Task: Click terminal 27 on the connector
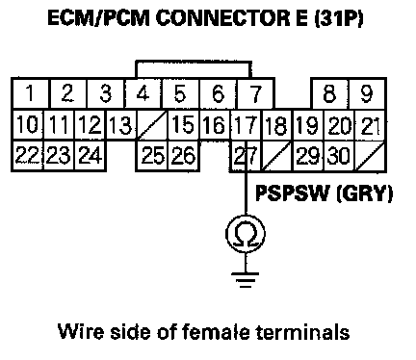pos(246,156)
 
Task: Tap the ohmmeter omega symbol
pos(246,234)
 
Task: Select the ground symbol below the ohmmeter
pos(246,279)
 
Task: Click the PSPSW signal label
pos(292,193)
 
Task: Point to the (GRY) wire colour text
pos(365,193)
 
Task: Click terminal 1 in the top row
pos(30,93)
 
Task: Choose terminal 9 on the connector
pos(367,93)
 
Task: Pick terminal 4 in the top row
pos(143,93)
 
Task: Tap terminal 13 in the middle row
pos(120,125)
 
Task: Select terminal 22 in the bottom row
pos(27,156)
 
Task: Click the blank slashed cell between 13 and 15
pos(152,125)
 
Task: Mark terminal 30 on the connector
pos(339,156)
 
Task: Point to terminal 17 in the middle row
pos(246,125)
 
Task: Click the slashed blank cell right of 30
pos(371,156)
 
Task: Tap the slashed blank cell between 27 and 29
pos(277,156)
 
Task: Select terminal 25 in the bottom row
pos(152,156)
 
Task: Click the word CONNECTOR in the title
pos(222,17)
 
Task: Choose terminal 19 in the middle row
pos(308,125)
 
